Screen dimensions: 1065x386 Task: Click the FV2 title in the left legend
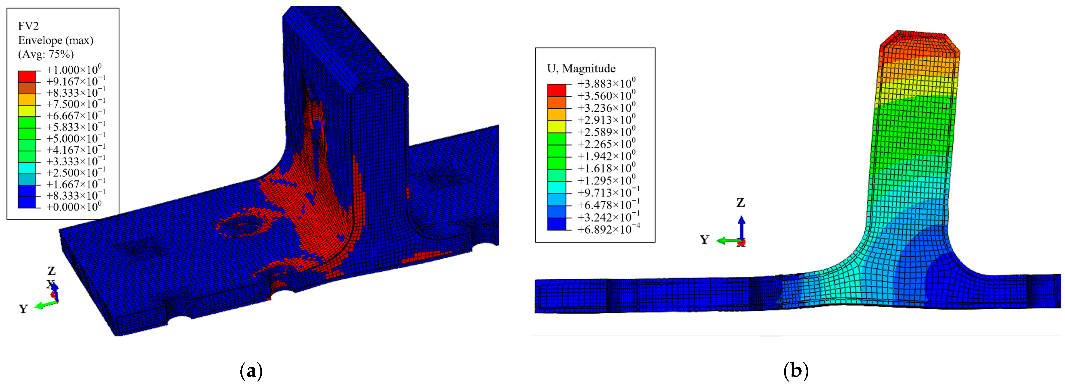coord(29,26)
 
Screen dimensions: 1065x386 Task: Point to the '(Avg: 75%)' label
coord(46,54)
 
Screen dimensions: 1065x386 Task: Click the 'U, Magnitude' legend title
coord(581,69)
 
